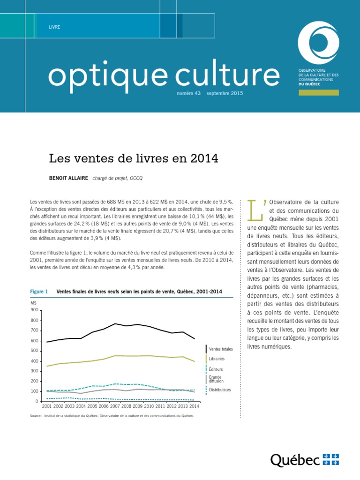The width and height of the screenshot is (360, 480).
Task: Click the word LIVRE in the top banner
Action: [54, 27]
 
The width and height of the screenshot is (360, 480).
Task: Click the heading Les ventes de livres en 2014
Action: [134, 158]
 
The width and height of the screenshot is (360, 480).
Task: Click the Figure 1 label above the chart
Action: [40, 292]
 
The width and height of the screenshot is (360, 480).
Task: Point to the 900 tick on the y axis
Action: [34, 310]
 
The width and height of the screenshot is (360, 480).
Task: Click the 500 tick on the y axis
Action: [34, 351]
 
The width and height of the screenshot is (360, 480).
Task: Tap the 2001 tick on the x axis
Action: [47, 406]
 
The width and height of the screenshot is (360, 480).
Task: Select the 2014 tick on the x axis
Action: [194, 406]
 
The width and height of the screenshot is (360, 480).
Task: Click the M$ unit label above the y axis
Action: [33, 303]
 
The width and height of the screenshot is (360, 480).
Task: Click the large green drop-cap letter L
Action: [255, 209]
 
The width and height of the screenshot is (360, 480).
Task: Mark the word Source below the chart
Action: [36, 415]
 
